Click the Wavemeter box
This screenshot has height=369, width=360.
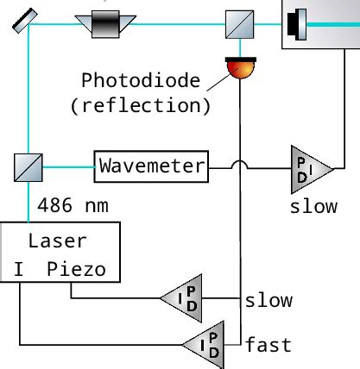(x=151, y=166)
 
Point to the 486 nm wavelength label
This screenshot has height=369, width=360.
(x=72, y=206)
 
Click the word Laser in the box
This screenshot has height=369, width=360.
(x=58, y=241)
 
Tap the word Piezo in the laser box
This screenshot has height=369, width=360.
(x=77, y=268)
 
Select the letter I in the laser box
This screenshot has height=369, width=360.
(x=18, y=268)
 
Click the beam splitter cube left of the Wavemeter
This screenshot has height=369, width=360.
(x=28, y=166)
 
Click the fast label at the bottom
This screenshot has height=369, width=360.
(x=268, y=346)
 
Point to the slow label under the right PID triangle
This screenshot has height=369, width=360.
(x=313, y=208)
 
